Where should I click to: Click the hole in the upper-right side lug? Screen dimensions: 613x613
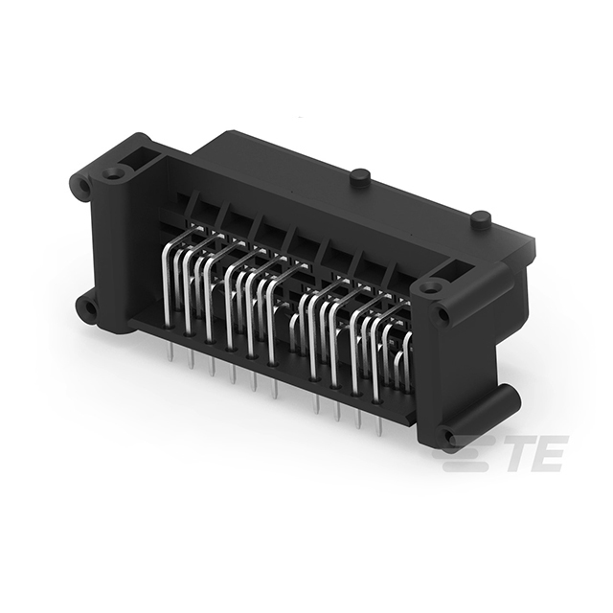click(443, 313)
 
